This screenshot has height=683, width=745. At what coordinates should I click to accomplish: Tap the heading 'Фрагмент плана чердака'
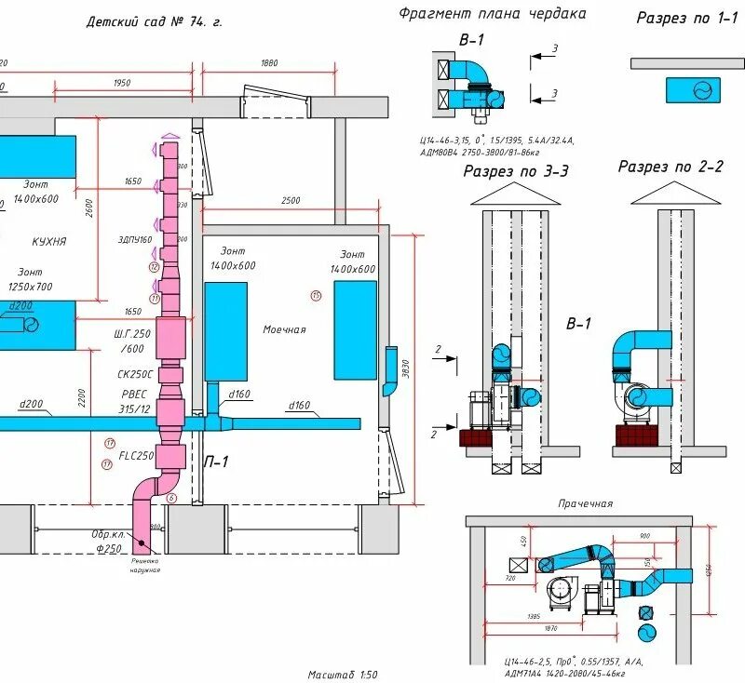pyautogui.click(x=493, y=14)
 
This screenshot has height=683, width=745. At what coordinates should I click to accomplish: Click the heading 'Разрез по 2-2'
pyautogui.click(x=670, y=167)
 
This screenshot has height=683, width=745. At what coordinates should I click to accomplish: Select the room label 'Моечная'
pyautogui.click(x=284, y=329)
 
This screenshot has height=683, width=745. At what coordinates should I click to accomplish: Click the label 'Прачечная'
pyautogui.click(x=585, y=503)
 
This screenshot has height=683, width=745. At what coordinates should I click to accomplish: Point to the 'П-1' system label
pyautogui.click(x=217, y=461)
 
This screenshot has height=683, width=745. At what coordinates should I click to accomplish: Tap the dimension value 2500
pyautogui.click(x=291, y=201)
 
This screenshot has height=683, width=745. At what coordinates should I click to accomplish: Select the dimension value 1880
pyautogui.click(x=269, y=63)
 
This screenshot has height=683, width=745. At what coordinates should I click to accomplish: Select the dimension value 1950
pyautogui.click(x=122, y=83)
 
